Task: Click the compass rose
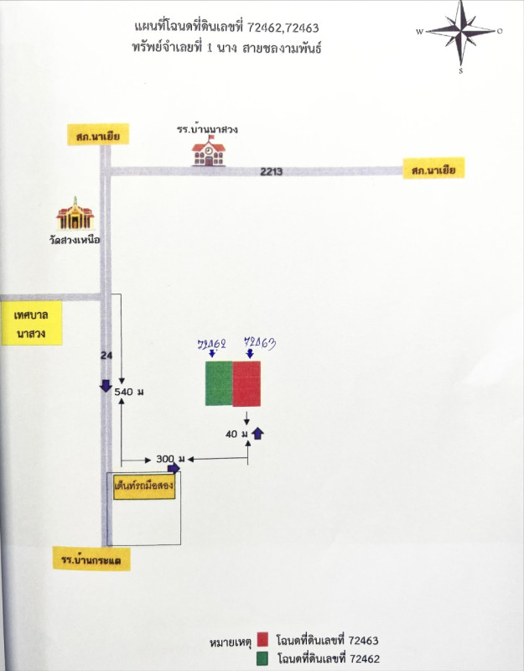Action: click(x=460, y=33)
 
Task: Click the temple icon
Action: click(x=75, y=215)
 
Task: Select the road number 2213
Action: click(x=271, y=172)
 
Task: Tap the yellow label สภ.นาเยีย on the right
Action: click(x=433, y=170)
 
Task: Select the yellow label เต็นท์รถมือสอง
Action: click(x=144, y=486)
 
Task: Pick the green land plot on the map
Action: click(x=219, y=383)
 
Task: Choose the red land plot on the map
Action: click(x=246, y=383)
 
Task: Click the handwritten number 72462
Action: click(x=213, y=344)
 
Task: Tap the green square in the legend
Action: click(x=263, y=658)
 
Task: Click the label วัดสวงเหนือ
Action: click(x=75, y=240)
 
